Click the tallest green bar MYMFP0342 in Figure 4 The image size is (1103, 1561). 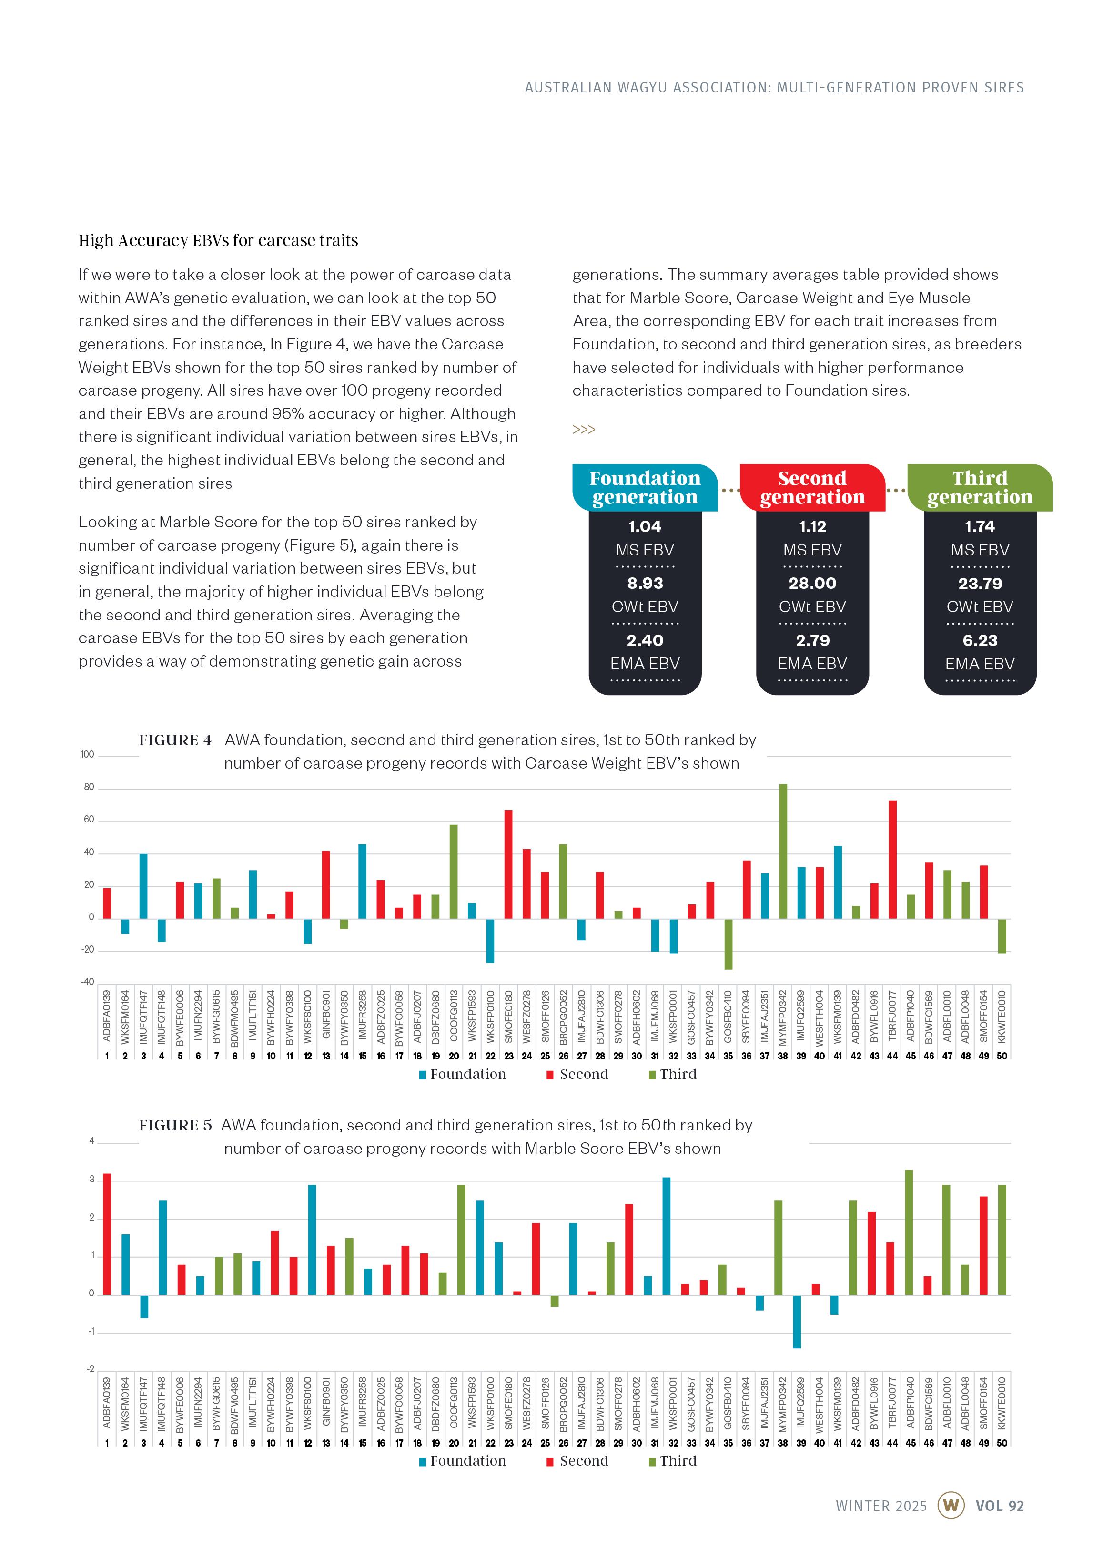pyautogui.click(x=783, y=851)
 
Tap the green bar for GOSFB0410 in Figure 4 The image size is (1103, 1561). pyautogui.click(x=728, y=944)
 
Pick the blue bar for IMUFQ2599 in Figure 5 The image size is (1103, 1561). pyautogui.click(x=797, y=1321)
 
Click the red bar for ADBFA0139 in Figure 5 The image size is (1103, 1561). pyautogui.click(x=107, y=1234)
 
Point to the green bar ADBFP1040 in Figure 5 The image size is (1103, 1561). pyautogui.click(x=909, y=1232)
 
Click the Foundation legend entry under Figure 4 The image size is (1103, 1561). pyautogui.click(x=462, y=1074)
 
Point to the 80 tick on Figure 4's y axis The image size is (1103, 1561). pyautogui.click(x=89, y=787)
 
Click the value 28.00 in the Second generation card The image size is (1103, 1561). pyautogui.click(x=812, y=583)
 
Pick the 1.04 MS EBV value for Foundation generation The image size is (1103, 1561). pyautogui.click(x=644, y=526)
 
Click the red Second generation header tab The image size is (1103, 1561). pyautogui.click(x=812, y=487)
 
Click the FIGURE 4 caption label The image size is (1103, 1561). pyautogui.click(x=175, y=739)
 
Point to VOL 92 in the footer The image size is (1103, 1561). pyautogui.click(x=999, y=1505)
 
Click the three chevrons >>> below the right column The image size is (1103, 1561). pyautogui.click(x=584, y=430)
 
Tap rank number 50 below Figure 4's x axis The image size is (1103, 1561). pyautogui.click(x=1001, y=1056)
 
